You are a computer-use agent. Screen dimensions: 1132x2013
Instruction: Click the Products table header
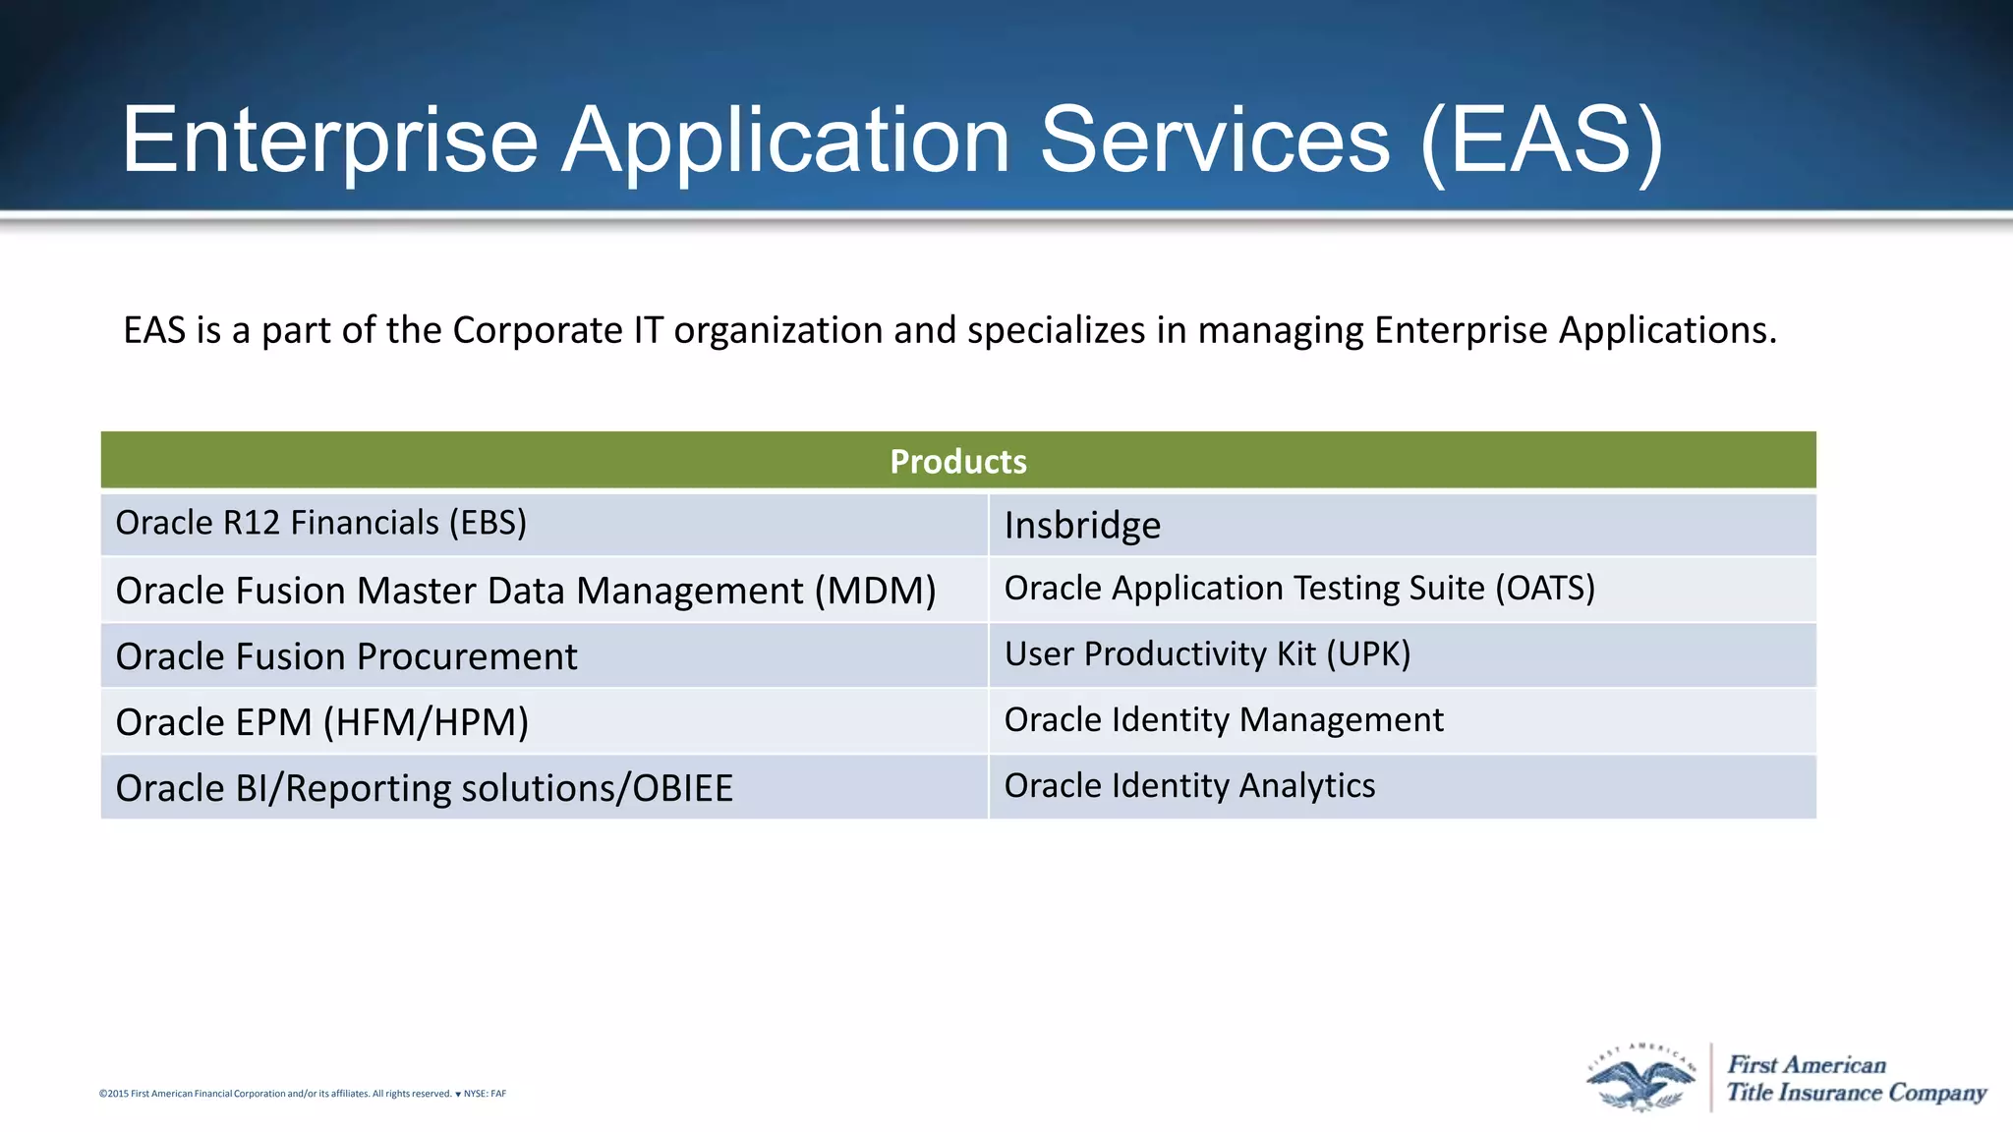pyautogui.click(x=958, y=461)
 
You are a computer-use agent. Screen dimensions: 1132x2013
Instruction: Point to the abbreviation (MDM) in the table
pyautogui.click(x=875, y=591)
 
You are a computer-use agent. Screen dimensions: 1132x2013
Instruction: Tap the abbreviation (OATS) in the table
pyautogui.click(x=1545, y=589)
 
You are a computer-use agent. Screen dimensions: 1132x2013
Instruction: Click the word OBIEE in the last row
pyautogui.click(x=682, y=789)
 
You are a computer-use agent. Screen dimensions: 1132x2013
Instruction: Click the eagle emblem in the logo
pyautogui.click(x=1640, y=1079)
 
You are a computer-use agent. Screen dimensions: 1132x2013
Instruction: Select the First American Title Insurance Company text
pyautogui.click(x=1856, y=1079)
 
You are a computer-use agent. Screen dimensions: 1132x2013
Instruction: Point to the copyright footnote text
pyautogui.click(x=302, y=1094)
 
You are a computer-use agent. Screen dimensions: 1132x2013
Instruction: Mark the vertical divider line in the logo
pyautogui.click(x=1711, y=1078)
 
